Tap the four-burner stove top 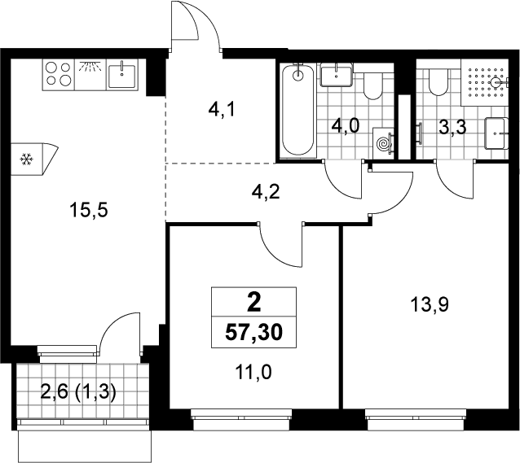(x=59, y=75)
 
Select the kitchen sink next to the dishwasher (x=122, y=76)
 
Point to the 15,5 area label (x=89, y=211)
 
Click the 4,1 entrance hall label (x=222, y=110)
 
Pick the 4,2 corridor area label (x=266, y=192)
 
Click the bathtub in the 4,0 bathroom (x=297, y=110)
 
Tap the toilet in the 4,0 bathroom (x=373, y=85)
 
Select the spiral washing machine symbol (x=383, y=144)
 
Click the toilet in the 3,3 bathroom (x=438, y=82)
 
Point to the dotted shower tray (x=484, y=83)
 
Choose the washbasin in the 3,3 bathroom (x=496, y=133)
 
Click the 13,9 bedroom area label (x=430, y=304)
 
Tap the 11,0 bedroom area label (x=253, y=372)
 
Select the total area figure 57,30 (x=253, y=333)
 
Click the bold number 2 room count (x=254, y=304)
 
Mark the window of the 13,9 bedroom (x=415, y=420)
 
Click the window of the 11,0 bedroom (x=241, y=420)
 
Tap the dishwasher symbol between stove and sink (x=90, y=75)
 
